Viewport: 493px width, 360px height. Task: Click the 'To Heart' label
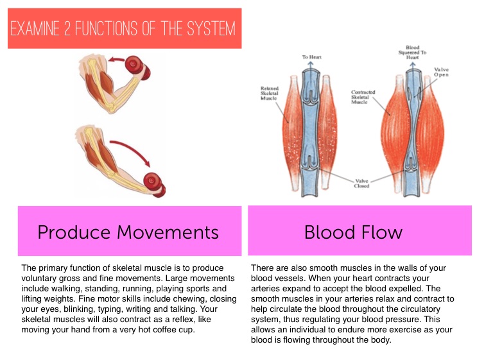click(313, 57)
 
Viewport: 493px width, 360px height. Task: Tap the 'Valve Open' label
click(441, 72)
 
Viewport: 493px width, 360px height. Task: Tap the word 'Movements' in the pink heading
click(169, 232)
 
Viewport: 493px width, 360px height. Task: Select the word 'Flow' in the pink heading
click(380, 232)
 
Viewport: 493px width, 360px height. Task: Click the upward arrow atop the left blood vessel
click(313, 66)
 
